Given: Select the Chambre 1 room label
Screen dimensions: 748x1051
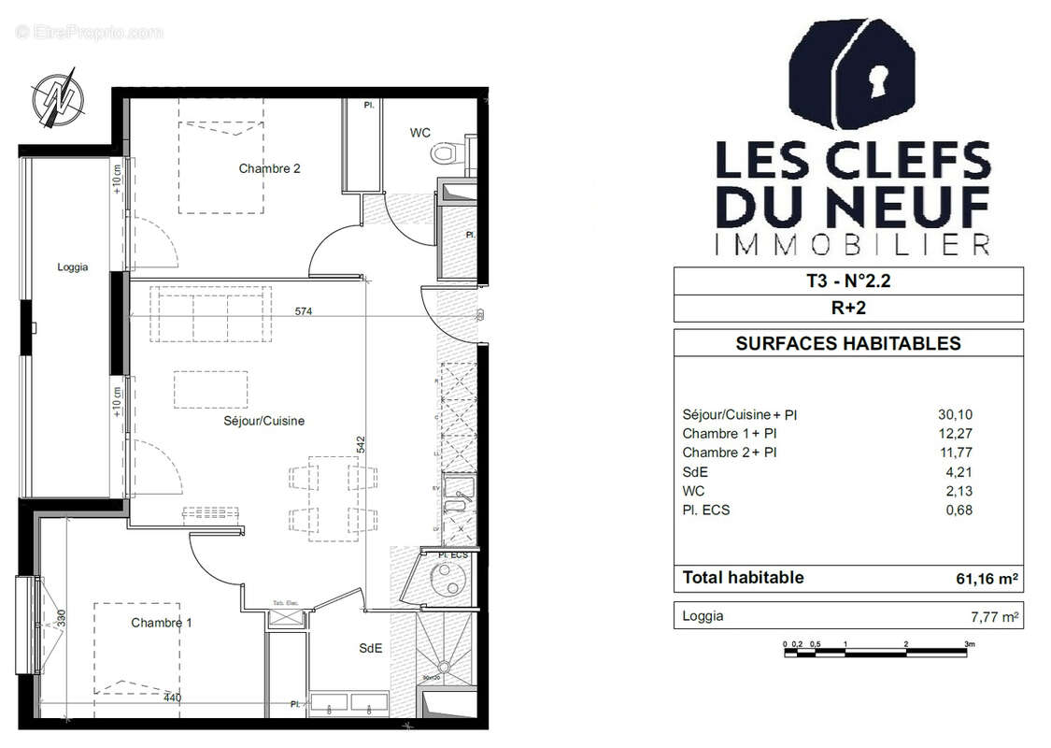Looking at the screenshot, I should click(x=162, y=623).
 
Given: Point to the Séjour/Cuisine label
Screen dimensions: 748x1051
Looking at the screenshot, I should click(x=263, y=422).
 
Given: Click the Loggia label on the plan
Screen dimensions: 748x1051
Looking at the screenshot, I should click(x=72, y=267).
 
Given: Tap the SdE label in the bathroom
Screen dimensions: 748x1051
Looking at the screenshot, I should click(x=371, y=648).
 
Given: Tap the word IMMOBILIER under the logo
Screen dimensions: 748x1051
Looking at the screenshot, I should click(x=851, y=245).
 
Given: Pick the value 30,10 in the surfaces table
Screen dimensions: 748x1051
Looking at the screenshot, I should click(x=955, y=414).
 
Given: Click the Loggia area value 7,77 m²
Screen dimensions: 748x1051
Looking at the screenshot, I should click(x=992, y=617).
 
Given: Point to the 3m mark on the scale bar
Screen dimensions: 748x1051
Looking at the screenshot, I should click(x=970, y=644).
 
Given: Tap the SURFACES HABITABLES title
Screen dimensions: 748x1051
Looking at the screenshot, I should click(x=847, y=343).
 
